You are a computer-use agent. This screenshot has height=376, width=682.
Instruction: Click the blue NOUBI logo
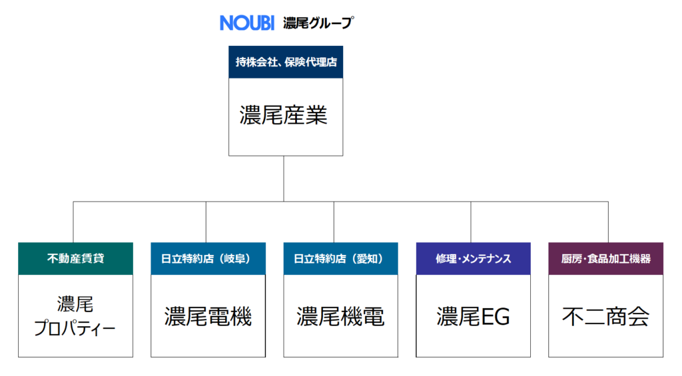[x=247, y=23]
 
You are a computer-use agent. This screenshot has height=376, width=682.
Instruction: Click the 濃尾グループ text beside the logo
[x=318, y=23]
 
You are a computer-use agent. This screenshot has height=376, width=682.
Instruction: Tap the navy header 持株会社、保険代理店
[x=286, y=62]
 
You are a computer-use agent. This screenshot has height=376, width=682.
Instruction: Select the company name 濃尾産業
[x=284, y=115]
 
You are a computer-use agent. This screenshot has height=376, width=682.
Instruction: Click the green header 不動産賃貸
[x=76, y=259]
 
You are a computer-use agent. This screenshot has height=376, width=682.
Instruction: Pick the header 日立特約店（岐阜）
[x=208, y=259]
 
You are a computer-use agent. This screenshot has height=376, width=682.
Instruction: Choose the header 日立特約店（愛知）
[x=340, y=259]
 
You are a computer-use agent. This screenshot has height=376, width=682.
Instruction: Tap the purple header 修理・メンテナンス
[x=474, y=259]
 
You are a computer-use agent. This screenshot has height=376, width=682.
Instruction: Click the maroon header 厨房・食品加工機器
[x=606, y=259]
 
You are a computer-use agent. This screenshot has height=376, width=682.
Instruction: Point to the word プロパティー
[x=75, y=328]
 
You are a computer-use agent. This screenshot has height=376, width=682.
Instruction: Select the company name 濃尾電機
[x=208, y=317]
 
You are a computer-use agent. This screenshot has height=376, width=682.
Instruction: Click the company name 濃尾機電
[x=340, y=317]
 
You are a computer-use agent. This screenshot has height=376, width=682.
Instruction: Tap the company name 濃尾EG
[x=474, y=317]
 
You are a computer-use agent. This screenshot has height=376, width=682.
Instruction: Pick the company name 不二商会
[x=606, y=317]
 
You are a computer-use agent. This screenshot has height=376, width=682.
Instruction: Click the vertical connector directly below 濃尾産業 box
[x=284, y=178]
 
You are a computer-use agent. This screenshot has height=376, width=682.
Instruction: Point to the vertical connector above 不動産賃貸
[x=73, y=222]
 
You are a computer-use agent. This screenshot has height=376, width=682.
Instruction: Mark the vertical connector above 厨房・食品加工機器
[x=608, y=222]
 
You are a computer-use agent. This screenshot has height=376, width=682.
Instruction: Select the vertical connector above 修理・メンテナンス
[x=471, y=222]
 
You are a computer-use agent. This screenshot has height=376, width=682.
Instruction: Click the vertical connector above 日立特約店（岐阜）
[x=206, y=222]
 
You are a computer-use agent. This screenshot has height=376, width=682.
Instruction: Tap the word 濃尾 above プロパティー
[x=75, y=304]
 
